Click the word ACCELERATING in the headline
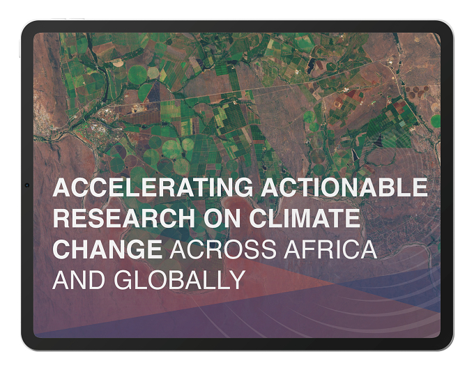[x=153, y=187]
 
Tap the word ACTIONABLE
[x=344, y=187]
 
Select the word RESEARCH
[x=124, y=218]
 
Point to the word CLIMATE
[x=305, y=218]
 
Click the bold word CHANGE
[x=107, y=249]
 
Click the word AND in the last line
[x=79, y=280]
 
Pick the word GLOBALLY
[x=180, y=280]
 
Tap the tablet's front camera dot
[x=27, y=185]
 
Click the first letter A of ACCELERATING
[x=61, y=187]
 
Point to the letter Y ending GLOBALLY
[x=236, y=280]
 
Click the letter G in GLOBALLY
[x=123, y=280]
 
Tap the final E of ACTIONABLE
[x=420, y=187]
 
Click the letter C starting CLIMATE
[x=258, y=218]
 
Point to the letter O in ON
[x=213, y=218]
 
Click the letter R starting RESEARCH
[x=61, y=218]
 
